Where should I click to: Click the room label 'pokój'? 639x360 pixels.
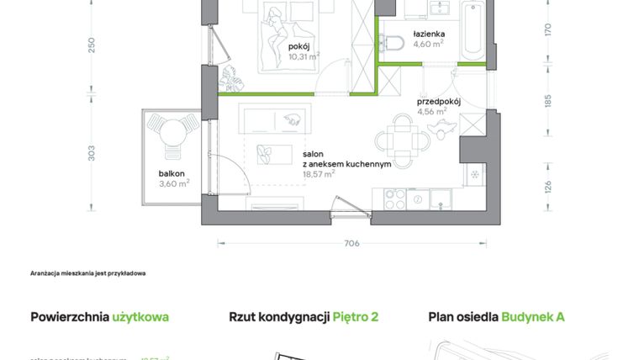click(x=299, y=47)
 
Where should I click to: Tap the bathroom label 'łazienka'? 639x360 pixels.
click(x=429, y=34)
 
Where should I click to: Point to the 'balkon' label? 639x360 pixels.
click(x=171, y=173)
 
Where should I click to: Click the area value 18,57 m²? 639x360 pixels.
click(x=319, y=173)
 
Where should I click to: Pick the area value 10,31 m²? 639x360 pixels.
click(x=304, y=57)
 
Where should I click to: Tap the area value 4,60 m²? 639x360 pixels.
click(x=428, y=45)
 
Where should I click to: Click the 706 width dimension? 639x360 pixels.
click(x=351, y=243)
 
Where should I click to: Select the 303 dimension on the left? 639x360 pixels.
click(x=92, y=153)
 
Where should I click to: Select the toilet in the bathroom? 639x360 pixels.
click(x=393, y=43)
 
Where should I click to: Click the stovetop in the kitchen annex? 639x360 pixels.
click(x=395, y=199)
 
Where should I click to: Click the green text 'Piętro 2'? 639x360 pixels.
click(x=355, y=317)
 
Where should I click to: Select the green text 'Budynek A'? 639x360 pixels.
click(x=533, y=317)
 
